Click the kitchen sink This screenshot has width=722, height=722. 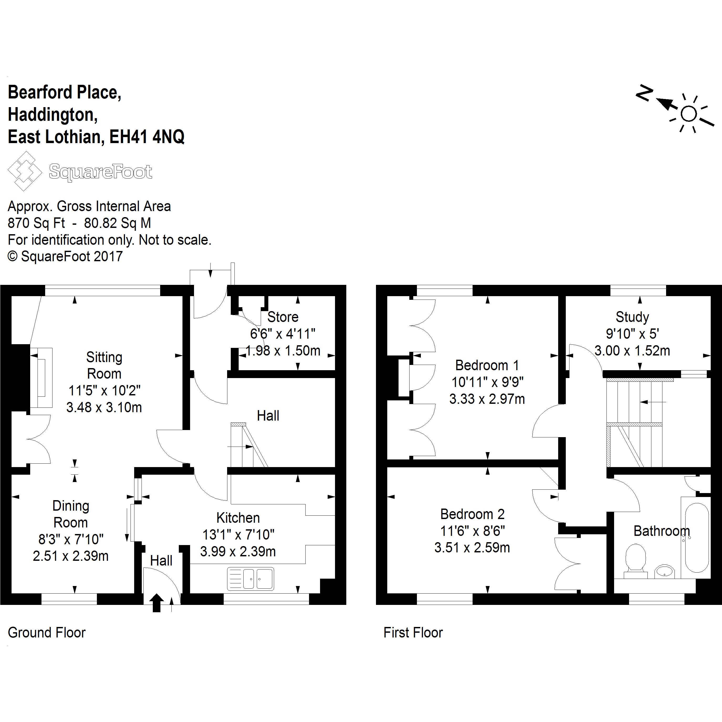(250, 578)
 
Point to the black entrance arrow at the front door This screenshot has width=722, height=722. (156, 603)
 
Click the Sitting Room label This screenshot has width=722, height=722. (104, 365)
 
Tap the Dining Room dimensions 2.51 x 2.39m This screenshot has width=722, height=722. (71, 556)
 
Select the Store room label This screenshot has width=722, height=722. (283, 317)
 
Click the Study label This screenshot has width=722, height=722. (632, 317)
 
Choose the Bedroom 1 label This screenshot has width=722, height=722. (487, 365)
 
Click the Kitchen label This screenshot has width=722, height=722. (238, 518)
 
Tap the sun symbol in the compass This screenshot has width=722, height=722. (689, 114)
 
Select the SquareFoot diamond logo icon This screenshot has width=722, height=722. (25, 171)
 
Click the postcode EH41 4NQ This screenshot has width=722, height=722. (147, 137)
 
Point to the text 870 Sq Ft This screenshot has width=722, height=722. (36, 223)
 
